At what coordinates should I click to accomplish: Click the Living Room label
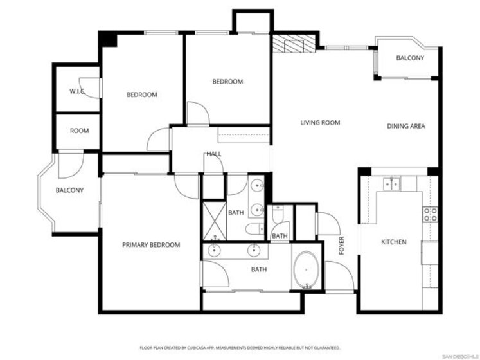point(320,123)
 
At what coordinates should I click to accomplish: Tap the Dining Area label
point(406,126)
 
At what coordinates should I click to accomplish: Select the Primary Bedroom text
point(151,245)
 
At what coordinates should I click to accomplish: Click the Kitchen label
point(394,242)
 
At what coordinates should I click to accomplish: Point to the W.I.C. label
point(77,91)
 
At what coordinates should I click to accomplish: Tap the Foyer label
point(342,246)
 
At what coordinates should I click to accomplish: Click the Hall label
point(214,154)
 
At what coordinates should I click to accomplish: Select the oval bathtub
point(306,269)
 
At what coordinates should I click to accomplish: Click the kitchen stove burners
point(430,214)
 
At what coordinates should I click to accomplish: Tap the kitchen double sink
point(391,183)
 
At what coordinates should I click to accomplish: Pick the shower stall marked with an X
point(215,221)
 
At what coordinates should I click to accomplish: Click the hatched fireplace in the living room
point(294,44)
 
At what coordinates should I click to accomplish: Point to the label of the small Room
point(79,131)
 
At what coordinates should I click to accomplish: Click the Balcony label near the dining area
point(410,58)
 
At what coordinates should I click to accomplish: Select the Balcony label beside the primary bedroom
point(69,190)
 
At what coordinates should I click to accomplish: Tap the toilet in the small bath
point(278,214)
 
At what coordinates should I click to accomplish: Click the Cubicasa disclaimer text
point(240,348)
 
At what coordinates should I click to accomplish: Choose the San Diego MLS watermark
point(461,356)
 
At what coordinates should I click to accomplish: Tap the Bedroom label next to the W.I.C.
point(142,94)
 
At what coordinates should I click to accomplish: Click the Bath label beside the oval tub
point(259,269)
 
